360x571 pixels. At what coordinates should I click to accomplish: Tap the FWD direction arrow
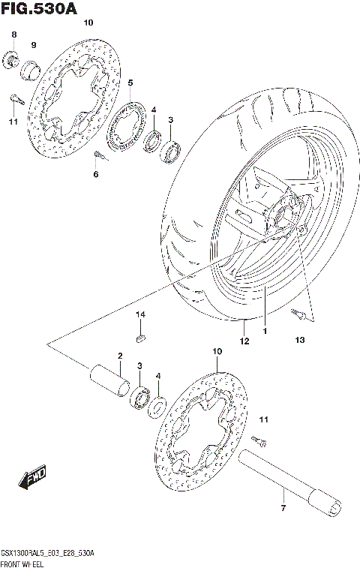34,475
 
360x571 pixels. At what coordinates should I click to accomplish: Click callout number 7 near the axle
283,510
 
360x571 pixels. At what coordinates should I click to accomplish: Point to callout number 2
118,355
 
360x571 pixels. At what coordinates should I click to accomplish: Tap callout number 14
139,315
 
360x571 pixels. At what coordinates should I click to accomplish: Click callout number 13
300,341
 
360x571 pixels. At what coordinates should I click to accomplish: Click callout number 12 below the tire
244,341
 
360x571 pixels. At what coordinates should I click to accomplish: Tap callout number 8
13,36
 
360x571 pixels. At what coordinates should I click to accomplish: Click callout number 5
130,83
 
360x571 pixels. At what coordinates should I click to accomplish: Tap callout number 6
95,175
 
